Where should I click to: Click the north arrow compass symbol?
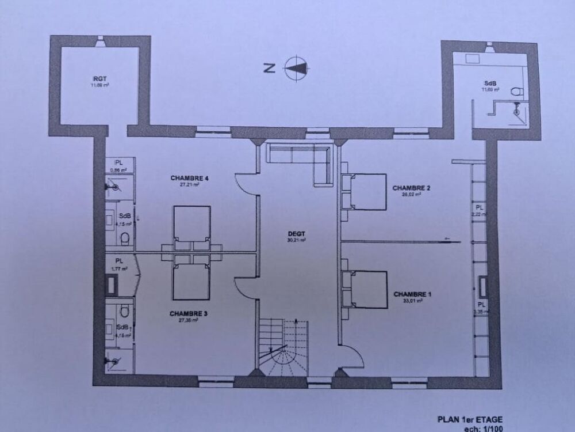(296, 68)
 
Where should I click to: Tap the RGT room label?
(99, 78)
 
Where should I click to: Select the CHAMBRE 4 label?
(189, 178)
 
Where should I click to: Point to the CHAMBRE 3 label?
(189, 314)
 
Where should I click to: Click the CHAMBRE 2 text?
(412, 188)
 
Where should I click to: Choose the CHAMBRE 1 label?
(412, 294)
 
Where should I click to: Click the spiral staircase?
(283, 346)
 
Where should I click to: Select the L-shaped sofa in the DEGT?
(305, 158)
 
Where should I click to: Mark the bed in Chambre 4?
(191, 223)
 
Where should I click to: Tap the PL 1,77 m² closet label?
(119, 264)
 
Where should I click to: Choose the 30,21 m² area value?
(297, 240)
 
